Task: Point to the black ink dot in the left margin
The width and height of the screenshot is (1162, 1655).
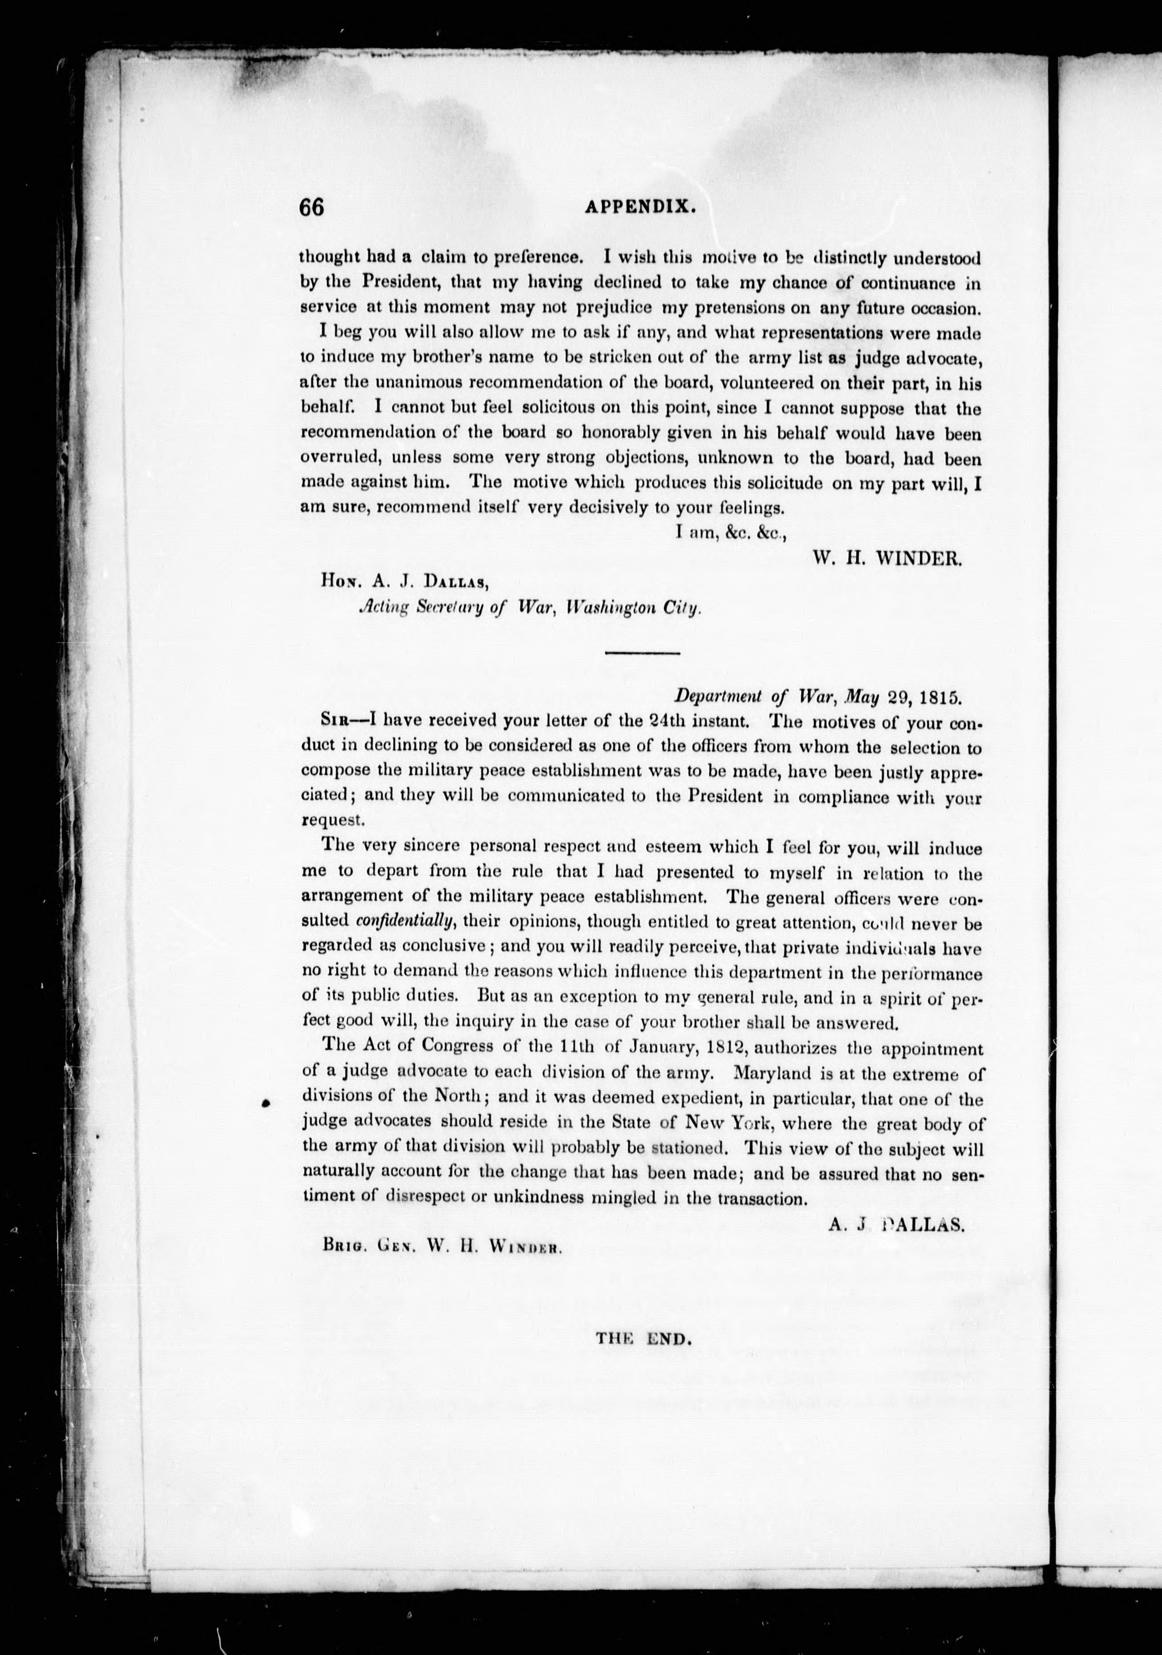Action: coord(266,1103)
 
